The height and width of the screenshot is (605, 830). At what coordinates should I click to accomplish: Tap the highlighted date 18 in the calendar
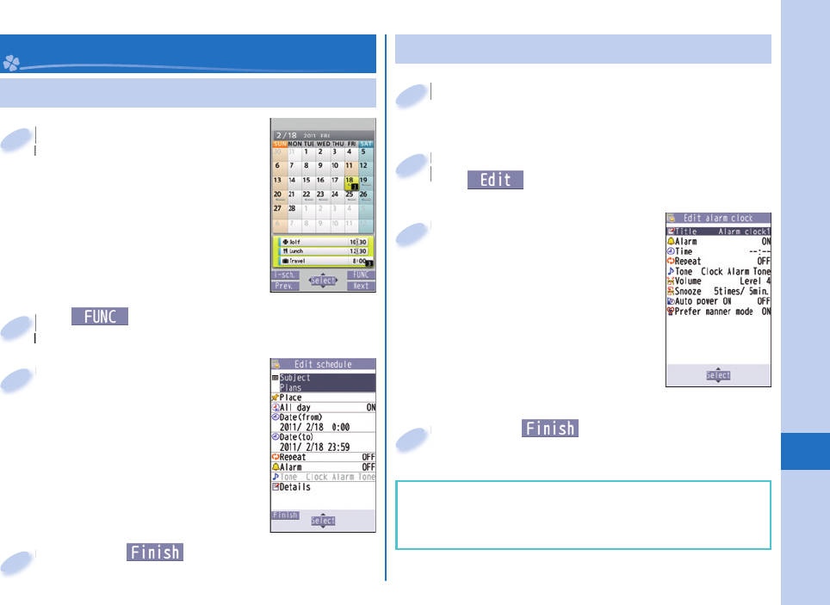350,181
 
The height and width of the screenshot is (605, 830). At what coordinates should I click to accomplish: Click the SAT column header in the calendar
366,144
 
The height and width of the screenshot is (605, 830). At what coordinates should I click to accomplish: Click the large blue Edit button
495,180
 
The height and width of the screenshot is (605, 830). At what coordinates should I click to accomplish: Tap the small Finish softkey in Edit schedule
285,515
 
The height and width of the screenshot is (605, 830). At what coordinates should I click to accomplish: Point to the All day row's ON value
371,408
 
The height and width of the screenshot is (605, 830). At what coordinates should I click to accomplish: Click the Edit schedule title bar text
323,365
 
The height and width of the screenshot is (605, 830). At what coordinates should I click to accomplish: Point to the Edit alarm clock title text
718,219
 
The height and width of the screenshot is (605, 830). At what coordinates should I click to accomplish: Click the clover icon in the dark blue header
11,63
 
